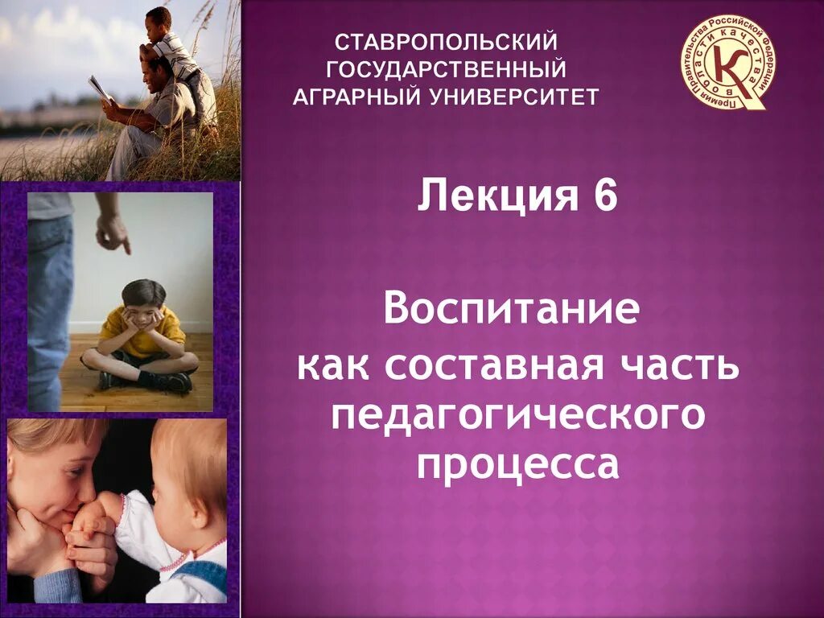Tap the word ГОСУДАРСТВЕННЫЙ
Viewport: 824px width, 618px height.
[446, 68]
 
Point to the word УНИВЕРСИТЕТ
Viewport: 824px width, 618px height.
[516, 97]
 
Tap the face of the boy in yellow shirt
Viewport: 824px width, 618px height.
[144, 306]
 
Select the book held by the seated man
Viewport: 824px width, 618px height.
[100, 89]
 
